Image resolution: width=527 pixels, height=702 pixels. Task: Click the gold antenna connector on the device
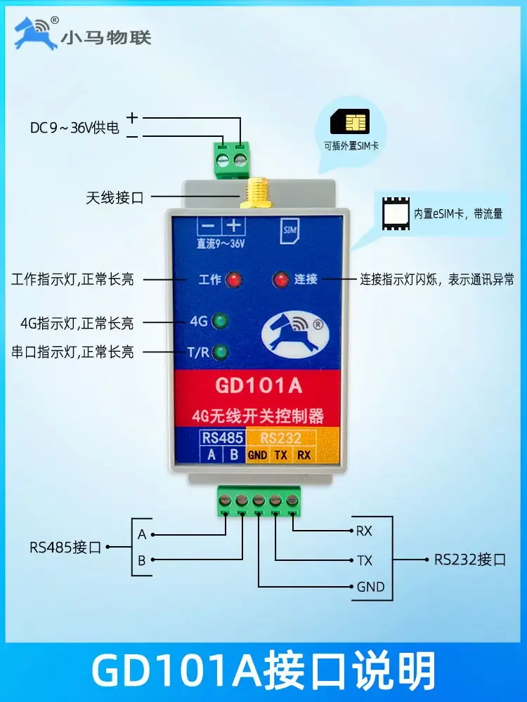[251, 194]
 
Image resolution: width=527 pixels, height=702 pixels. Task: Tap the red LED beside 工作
[235, 280]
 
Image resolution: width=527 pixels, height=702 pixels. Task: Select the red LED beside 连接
[281, 280]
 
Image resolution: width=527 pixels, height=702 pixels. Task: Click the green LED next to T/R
[222, 351]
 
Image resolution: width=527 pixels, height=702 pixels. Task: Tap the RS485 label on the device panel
[222, 438]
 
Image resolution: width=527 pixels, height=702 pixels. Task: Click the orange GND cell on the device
[257, 454]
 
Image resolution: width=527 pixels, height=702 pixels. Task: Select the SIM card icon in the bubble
[349, 124]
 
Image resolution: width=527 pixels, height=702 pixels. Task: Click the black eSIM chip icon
[395, 213]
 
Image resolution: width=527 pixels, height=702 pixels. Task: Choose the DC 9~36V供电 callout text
[74, 128]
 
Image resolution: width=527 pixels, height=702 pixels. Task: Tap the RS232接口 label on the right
[470, 559]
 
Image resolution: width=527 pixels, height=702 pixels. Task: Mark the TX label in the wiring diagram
[365, 560]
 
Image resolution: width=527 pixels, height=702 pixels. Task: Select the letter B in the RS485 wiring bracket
[141, 560]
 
